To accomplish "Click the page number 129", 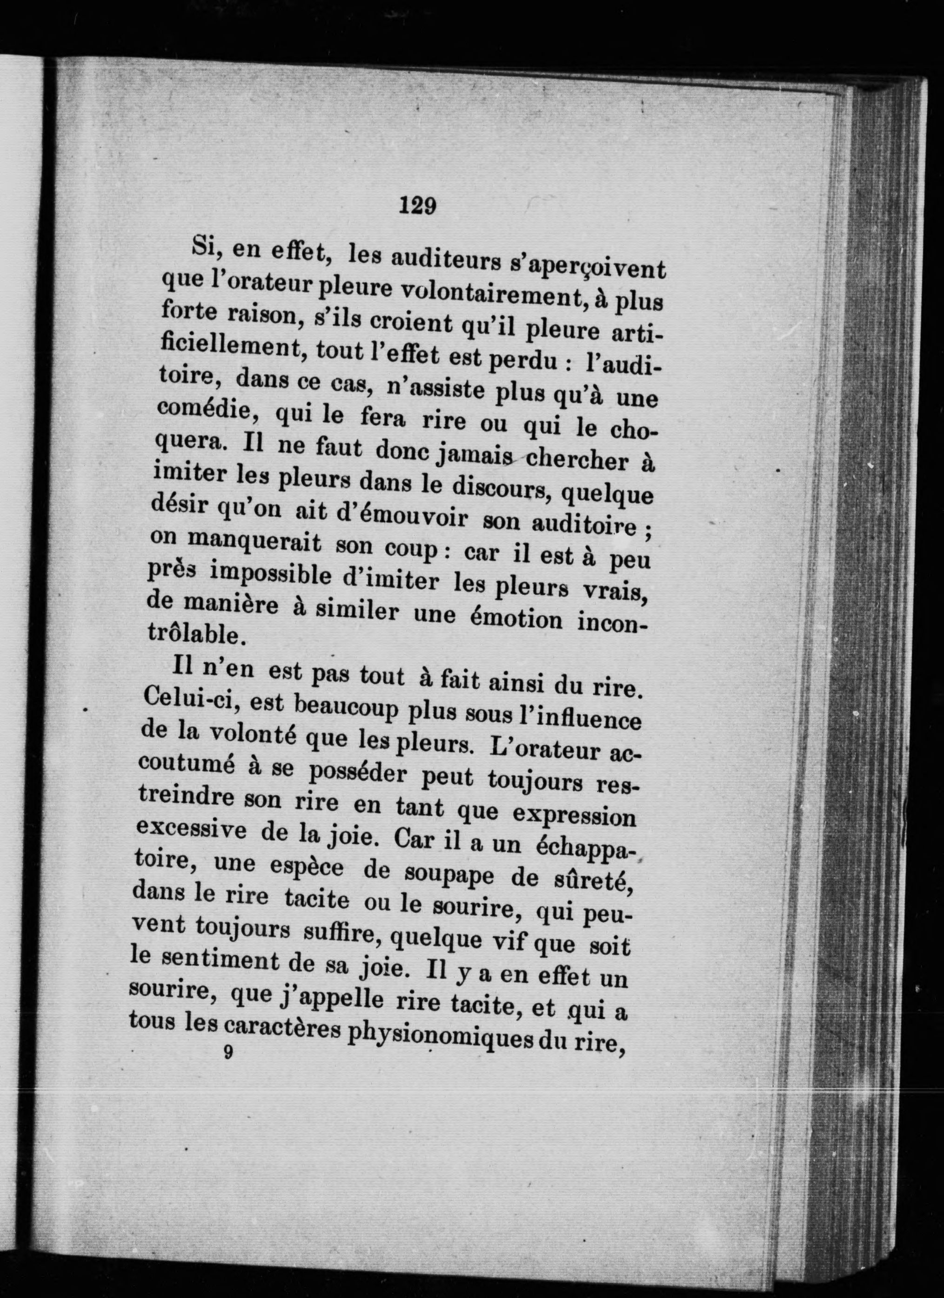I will coord(418,205).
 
